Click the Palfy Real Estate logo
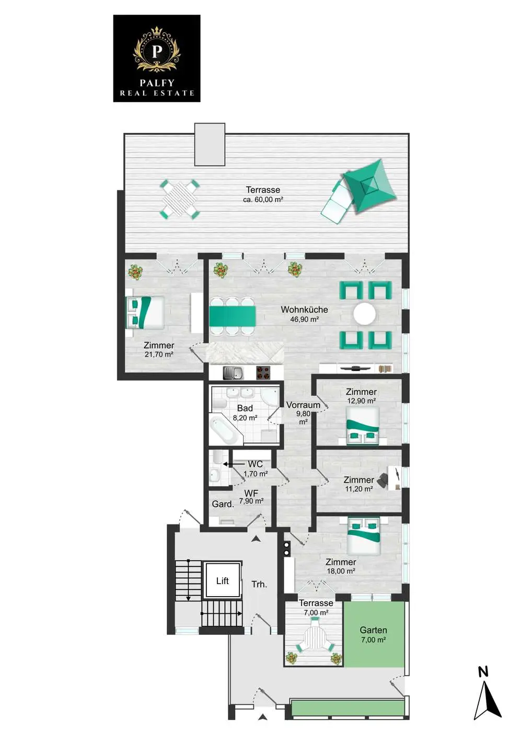[156, 58]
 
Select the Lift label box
[223, 581]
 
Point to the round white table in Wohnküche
[364, 314]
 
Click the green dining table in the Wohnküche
[233, 316]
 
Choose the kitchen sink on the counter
[234, 373]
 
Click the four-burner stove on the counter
[264, 373]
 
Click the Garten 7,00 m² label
[374, 635]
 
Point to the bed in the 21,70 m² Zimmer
[145, 312]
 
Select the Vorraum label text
[303, 405]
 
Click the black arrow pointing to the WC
[234, 464]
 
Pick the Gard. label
[223, 504]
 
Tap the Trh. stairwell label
[260, 584]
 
